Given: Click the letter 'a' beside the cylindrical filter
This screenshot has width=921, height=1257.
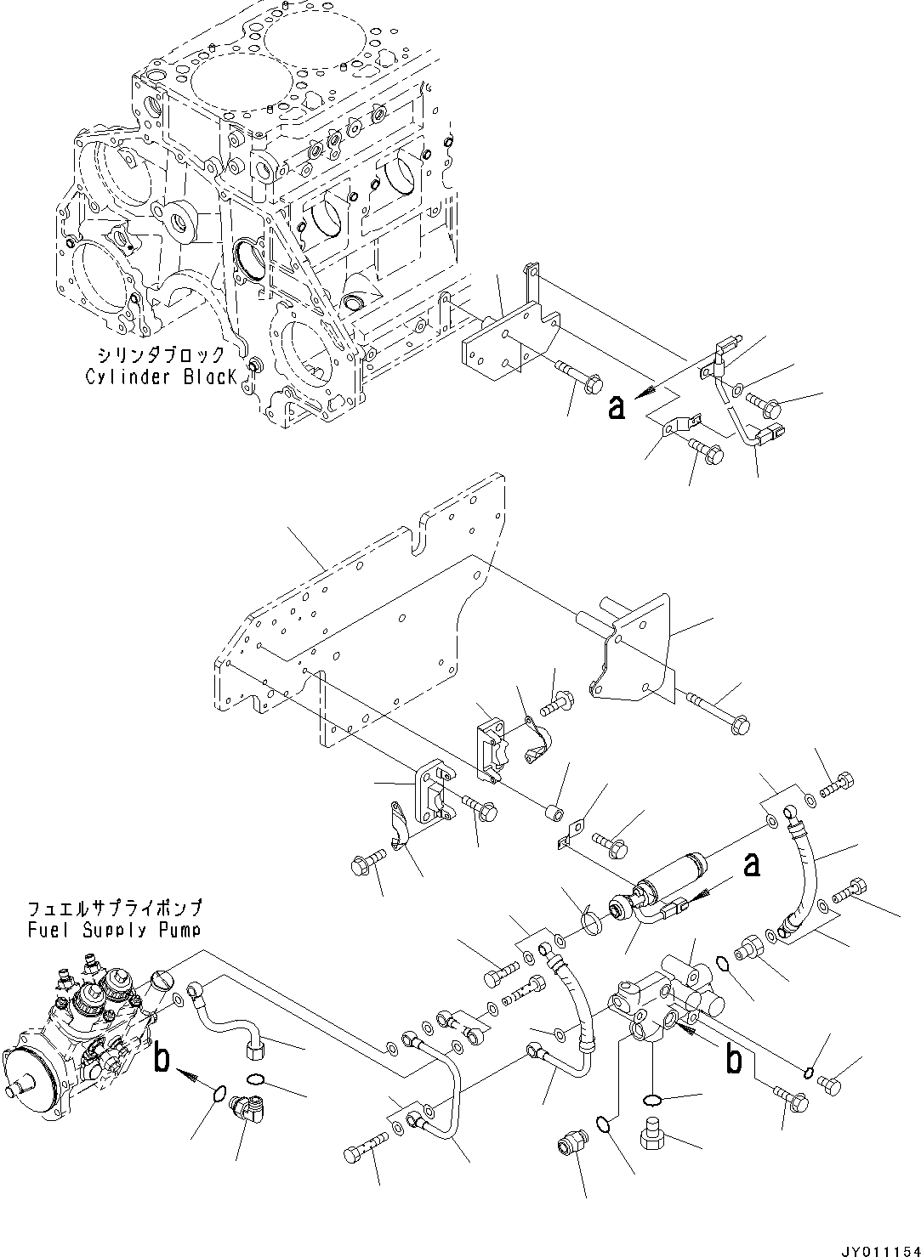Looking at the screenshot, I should [x=751, y=866].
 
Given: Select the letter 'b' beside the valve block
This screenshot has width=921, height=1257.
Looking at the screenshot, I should [x=733, y=1060].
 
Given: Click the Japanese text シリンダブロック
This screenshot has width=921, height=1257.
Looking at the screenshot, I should [x=161, y=354].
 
